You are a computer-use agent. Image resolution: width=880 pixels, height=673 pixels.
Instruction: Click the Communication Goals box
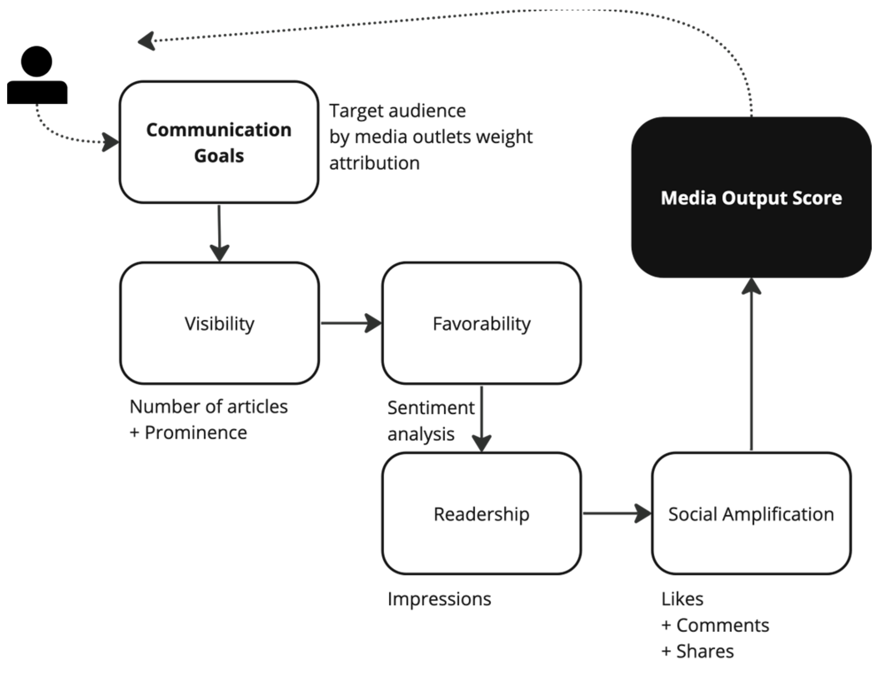[x=219, y=142]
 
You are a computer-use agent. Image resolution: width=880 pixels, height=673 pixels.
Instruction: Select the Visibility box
[x=219, y=323]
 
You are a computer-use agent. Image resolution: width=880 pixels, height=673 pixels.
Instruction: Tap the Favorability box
[x=481, y=323]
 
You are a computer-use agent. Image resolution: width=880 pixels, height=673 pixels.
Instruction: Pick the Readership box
[x=481, y=514]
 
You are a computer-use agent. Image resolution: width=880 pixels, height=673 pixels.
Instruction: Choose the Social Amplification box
[x=751, y=514]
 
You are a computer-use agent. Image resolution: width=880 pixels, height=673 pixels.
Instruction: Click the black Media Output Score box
[x=751, y=197]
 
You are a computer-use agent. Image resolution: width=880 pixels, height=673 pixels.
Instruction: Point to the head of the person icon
[x=37, y=61]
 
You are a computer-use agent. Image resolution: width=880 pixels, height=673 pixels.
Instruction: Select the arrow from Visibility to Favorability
[x=350, y=323]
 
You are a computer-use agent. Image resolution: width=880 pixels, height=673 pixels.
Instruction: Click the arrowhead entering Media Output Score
[x=751, y=287]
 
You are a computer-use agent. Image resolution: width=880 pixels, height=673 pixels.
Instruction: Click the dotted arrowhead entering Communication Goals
[x=110, y=142]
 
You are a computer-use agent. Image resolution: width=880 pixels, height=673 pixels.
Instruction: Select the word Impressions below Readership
[x=439, y=599]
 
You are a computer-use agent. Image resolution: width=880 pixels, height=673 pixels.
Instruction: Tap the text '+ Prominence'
[x=188, y=432]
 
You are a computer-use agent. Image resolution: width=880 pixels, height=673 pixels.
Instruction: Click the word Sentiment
[x=431, y=407]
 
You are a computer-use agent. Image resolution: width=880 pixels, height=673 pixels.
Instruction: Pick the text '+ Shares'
[x=697, y=651]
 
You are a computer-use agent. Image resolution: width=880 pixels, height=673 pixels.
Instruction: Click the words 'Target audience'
[x=397, y=111]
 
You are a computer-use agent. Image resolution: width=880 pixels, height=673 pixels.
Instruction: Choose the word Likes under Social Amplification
[x=682, y=599]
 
